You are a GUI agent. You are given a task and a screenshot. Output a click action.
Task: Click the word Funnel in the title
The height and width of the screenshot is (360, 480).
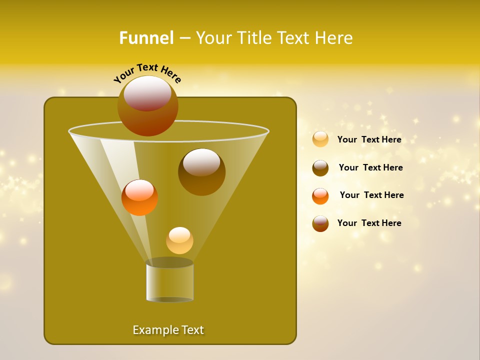click(x=146, y=38)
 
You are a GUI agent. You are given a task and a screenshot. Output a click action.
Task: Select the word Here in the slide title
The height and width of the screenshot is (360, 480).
click(x=333, y=38)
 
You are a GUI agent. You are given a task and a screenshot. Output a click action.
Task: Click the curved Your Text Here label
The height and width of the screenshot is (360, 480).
click(x=147, y=73)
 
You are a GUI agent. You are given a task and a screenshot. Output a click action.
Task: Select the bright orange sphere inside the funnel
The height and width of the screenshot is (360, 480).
click(x=139, y=198)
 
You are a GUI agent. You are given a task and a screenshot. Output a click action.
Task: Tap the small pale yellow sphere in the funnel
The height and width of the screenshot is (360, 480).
click(x=179, y=241)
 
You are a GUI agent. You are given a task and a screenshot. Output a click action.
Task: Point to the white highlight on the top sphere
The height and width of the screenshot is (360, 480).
click(x=147, y=93)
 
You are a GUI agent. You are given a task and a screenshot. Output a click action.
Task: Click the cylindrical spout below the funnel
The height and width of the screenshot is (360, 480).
click(x=170, y=282)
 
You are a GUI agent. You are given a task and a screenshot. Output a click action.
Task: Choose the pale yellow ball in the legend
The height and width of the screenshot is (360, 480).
click(x=320, y=139)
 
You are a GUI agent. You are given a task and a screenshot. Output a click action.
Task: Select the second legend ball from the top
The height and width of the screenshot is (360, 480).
click(x=320, y=168)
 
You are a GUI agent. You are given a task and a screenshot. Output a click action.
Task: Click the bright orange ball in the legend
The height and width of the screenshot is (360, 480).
click(x=320, y=196)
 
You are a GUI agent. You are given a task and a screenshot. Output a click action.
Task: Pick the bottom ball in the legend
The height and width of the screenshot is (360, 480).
click(x=320, y=223)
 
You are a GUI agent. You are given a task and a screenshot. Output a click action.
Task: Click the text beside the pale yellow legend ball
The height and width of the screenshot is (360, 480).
click(x=369, y=139)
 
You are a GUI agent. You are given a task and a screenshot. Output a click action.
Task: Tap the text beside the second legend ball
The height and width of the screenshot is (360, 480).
click(x=370, y=167)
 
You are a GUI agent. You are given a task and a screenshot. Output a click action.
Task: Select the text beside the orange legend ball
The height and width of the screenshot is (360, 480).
click(x=371, y=195)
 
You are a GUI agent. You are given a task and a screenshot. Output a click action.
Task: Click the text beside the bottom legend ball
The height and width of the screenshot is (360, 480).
click(x=369, y=223)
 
